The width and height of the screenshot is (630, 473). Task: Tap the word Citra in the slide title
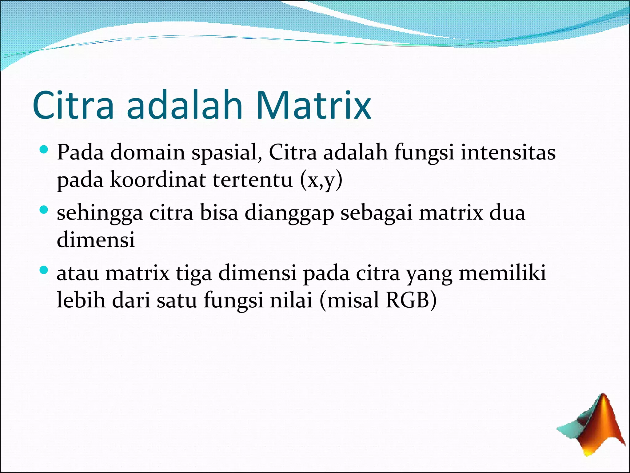coord(73,106)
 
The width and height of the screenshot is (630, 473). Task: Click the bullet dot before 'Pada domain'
coord(44,151)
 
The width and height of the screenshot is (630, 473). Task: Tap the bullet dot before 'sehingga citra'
coord(44,211)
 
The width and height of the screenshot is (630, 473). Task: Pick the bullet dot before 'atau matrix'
coord(44,271)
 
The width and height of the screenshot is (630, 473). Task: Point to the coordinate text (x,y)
coord(321,180)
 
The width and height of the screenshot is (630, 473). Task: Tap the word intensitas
coord(508,153)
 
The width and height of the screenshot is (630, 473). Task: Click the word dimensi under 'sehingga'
coord(96,240)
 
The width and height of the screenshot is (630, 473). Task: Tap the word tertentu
coord(253,180)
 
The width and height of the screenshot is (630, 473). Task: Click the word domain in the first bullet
coord(148,153)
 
